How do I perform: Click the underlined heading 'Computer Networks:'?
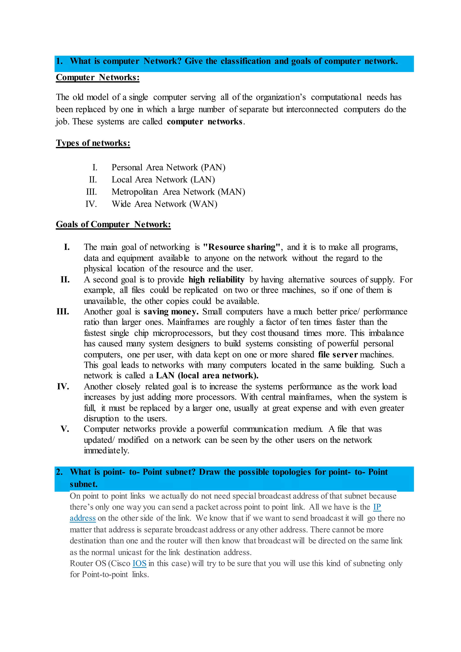[x=97, y=77]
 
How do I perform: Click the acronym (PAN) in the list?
[x=213, y=168]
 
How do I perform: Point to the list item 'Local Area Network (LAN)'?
[x=163, y=180]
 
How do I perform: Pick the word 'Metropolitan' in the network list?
[x=135, y=192]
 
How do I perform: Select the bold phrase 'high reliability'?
[x=216, y=280]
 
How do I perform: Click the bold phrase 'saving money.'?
[x=171, y=312]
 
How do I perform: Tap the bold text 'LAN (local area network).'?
[x=207, y=376]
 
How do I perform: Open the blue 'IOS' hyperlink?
[x=139, y=563]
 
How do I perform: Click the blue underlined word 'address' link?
[x=83, y=518]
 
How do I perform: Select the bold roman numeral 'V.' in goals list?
[x=65, y=429]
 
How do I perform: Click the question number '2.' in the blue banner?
[x=59, y=472]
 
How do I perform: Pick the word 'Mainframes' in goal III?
[x=188, y=322]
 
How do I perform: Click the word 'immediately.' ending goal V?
[x=106, y=451]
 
